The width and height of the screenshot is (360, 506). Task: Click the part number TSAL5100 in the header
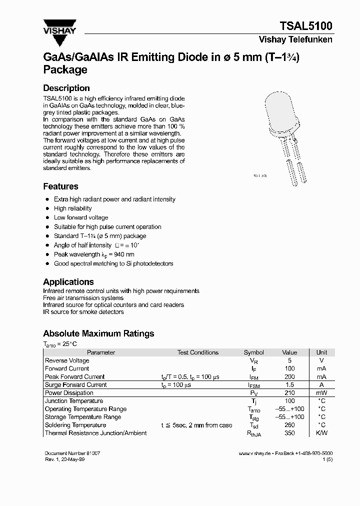[x=306, y=26]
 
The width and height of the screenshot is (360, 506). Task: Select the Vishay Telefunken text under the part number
[x=295, y=40]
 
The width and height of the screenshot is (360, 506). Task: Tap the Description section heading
[x=66, y=88]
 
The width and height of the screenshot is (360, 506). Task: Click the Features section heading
[x=60, y=186]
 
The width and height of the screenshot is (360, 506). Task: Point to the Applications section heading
[x=68, y=282]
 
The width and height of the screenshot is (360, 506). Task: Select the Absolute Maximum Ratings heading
[x=98, y=333]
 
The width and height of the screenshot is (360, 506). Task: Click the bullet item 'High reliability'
[x=73, y=208]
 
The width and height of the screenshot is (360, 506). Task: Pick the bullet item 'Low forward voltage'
[x=81, y=217]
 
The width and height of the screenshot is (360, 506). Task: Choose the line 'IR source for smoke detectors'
[x=83, y=312]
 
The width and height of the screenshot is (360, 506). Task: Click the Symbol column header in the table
[x=253, y=352]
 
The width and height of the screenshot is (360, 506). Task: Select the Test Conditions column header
[x=198, y=352]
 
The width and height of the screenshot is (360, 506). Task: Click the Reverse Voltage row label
[x=67, y=360]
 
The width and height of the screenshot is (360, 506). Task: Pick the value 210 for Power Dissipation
[x=289, y=393]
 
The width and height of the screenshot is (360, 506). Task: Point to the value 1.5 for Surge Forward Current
[x=289, y=385]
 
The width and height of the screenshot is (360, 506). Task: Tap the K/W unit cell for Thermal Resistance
[x=321, y=433]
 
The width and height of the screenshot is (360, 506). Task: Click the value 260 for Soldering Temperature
[x=289, y=425]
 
